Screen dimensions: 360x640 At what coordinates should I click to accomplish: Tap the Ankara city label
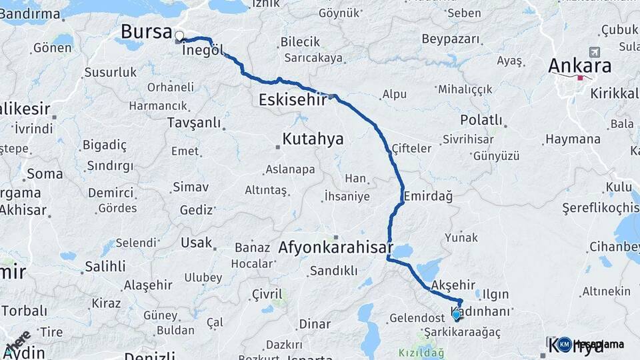tap(579, 65)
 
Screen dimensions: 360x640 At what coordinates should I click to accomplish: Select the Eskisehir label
tap(291, 100)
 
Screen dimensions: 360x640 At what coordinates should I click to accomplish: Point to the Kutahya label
tap(313, 139)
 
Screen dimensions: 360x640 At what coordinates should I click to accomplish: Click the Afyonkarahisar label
tap(335, 247)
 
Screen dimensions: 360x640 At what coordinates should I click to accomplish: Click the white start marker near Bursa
tap(179, 35)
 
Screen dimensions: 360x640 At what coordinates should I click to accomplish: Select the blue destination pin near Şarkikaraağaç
tap(456, 314)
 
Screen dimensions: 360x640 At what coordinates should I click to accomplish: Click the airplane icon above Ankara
tap(594, 52)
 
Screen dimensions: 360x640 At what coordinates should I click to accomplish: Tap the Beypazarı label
tap(451, 39)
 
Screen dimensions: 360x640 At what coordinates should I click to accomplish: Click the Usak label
tap(196, 243)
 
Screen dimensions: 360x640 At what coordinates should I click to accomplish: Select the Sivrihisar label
tap(467, 139)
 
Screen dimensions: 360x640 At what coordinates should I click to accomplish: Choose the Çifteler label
tap(411, 148)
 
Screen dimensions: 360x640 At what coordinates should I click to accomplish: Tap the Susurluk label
tap(110, 72)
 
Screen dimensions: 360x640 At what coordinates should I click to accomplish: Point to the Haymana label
tap(573, 139)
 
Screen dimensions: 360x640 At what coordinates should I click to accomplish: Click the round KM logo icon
tap(565, 344)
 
